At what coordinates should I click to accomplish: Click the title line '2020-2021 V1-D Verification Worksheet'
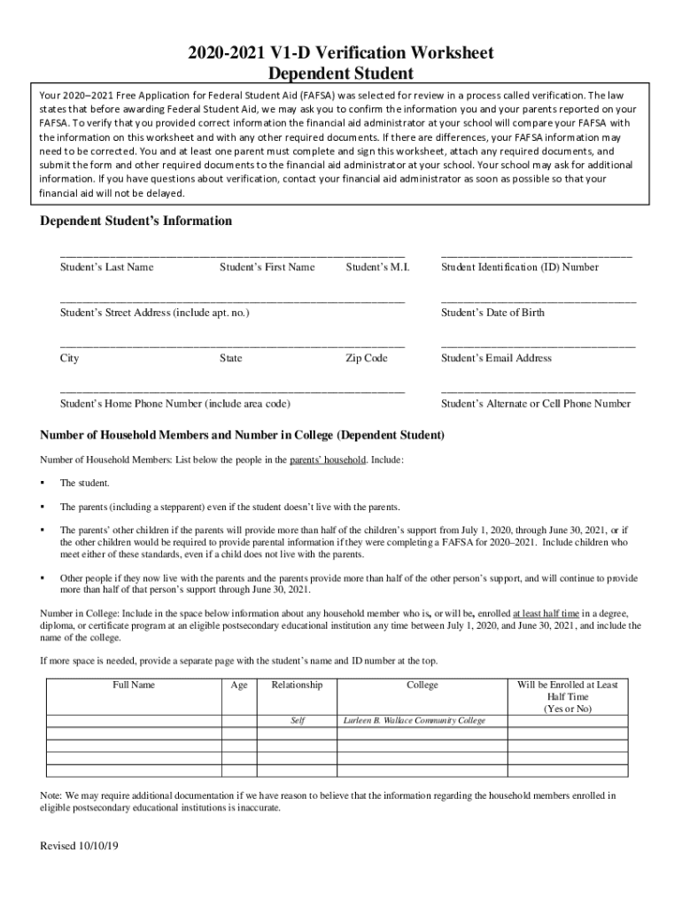click(x=340, y=53)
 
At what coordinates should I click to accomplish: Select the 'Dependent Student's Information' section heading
click(x=136, y=221)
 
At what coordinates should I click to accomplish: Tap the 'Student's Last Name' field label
click(x=106, y=267)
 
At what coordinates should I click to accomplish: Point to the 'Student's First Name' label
click(x=267, y=267)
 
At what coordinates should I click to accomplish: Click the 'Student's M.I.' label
click(x=377, y=267)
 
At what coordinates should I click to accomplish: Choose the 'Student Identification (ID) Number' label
click(x=520, y=267)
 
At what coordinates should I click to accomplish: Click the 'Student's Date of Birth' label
click(x=493, y=313)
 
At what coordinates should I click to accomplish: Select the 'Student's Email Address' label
click(x=496, y=358)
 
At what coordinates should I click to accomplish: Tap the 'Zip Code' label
click(x=367, y=358)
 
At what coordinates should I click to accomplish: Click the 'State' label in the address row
click(x=230, y=358)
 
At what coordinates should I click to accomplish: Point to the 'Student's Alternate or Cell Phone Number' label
click(x=536, y=404)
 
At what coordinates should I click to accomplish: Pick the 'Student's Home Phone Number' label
click(x=175, y=404)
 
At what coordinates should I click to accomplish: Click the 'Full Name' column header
click(x=134, y=685)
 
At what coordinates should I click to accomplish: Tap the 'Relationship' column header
click(x=297, y=685)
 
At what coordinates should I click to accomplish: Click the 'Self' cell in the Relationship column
click(x=298, y=721)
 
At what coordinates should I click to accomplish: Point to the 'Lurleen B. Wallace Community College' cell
click(x=415, y=721)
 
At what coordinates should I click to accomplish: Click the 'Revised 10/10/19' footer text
click(x=79, y=846)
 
